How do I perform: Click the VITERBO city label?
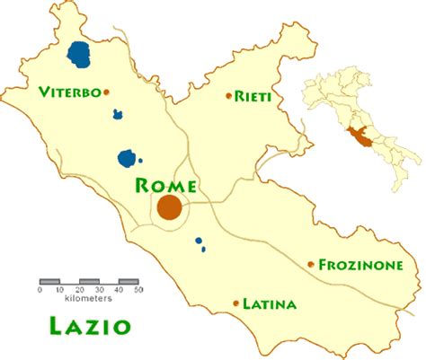click(x=69, y=92)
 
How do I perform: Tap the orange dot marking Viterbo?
click(x=106, y=92)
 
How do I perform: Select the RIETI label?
click(x=254, y=95)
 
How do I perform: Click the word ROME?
click(x=164, y=186)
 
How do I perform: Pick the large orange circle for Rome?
click(x=169, y=208)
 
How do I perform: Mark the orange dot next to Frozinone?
click(x=311, y=264)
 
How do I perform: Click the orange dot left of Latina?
click(x=236, y=303)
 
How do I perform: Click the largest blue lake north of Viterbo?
click(x=79, y=54)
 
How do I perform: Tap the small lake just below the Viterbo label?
click(x=118, y=114)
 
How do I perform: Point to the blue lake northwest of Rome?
click(x=128, y=159)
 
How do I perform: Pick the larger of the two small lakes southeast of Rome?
click(x=198, y=241)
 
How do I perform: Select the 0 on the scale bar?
click(x=40, y=290)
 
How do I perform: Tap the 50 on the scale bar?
click(x=138, y=290)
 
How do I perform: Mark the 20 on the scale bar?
click(x=79, y=290)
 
